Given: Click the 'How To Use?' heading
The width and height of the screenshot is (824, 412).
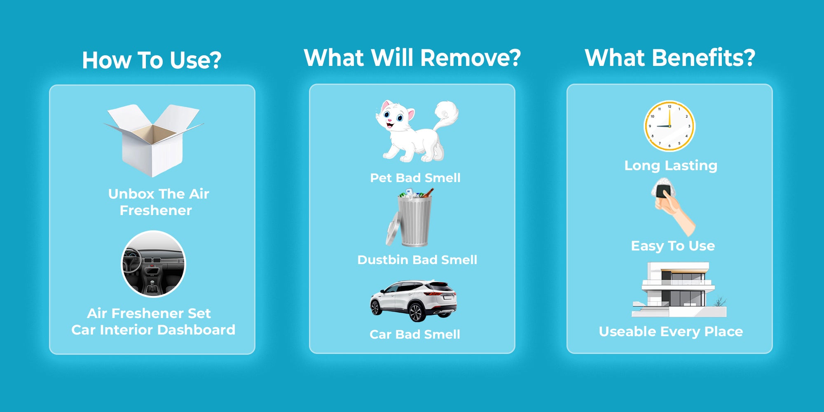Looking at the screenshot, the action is [x=152, y=60].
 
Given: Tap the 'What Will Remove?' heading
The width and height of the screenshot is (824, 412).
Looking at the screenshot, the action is [x=412, y=57].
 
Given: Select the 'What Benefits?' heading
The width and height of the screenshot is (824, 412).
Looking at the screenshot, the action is [x=670, y=57].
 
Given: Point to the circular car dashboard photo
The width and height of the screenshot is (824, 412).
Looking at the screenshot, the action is [x=153, y=264].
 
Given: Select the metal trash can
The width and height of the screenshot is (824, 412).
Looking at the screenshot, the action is [x=410, y=218].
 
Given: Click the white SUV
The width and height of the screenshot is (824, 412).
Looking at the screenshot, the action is [x=413, y=301].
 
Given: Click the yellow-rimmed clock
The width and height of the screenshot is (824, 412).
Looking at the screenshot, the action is [x=669, y=126].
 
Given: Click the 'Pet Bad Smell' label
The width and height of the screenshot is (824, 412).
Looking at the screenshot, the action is [x=415, y=178].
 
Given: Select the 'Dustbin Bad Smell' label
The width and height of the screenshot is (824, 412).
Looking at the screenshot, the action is [x=417, y=260].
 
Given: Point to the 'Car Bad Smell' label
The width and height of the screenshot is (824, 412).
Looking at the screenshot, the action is [x=415, y=335].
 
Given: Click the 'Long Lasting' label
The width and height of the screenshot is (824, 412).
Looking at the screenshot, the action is [x=671, y=166].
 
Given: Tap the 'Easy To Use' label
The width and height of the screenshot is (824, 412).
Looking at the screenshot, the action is [x=673, y=246].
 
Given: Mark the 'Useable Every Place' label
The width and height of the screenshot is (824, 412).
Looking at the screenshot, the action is [x=671, y=332].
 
